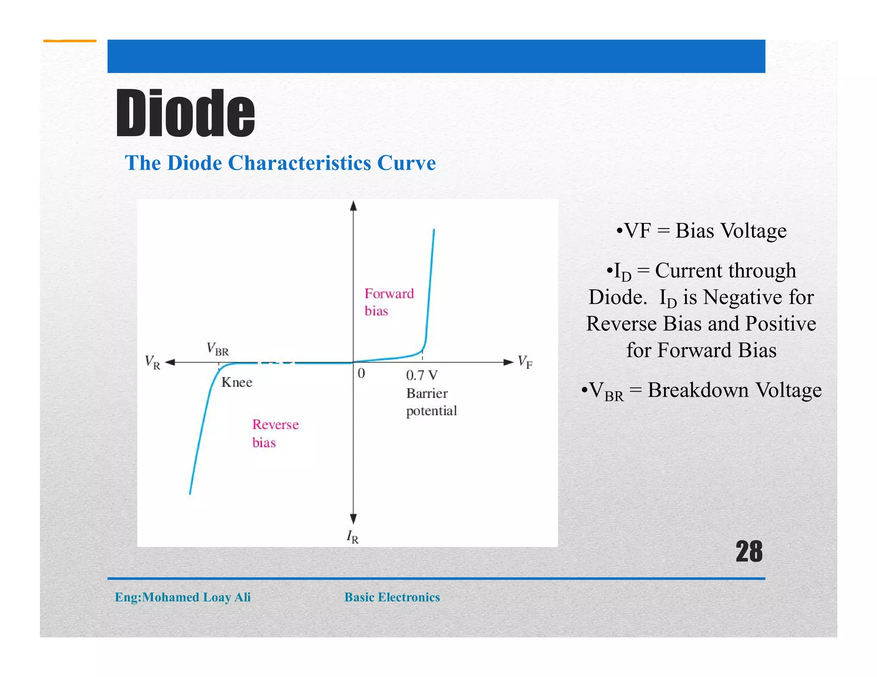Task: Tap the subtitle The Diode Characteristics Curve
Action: click(280, 163)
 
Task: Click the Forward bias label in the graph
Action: click(388, 302)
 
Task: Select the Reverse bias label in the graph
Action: click(275, 433)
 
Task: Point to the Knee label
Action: click(237, 382)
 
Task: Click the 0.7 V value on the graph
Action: click(422, 375)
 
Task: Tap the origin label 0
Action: click(361, 374)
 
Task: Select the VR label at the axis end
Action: click(152, 362)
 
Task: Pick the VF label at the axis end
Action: click(525, 362)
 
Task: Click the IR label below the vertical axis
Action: click(352, 537)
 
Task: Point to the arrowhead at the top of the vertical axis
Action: click(353, 206)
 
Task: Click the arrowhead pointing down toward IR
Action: click(353, 519)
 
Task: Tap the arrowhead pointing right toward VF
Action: click(508, 362)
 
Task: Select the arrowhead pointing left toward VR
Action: click(170, 362)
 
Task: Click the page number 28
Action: click(749, 552)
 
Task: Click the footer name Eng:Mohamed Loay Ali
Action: click(182, 597)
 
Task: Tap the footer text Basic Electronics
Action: click(392, 597)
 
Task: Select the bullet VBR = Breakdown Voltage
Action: click(701, 391)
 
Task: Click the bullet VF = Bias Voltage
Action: click(701, 231)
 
